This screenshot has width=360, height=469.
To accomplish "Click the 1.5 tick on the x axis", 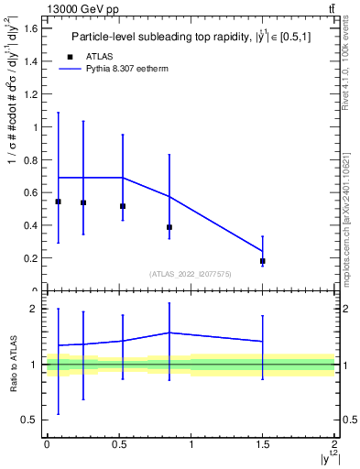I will [x=263, y=444].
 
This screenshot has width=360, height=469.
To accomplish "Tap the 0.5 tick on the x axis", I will [x=118, y=444].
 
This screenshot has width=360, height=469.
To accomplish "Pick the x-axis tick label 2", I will [x=334, y=444].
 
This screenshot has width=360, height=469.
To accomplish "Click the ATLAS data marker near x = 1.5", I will [x=263, y=261].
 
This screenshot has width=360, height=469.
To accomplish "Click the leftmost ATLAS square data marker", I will [x=59, y=202].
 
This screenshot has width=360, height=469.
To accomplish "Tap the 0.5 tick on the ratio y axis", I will [x=30, y=420].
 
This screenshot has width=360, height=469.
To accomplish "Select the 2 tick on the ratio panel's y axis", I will [x=35, y=309].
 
